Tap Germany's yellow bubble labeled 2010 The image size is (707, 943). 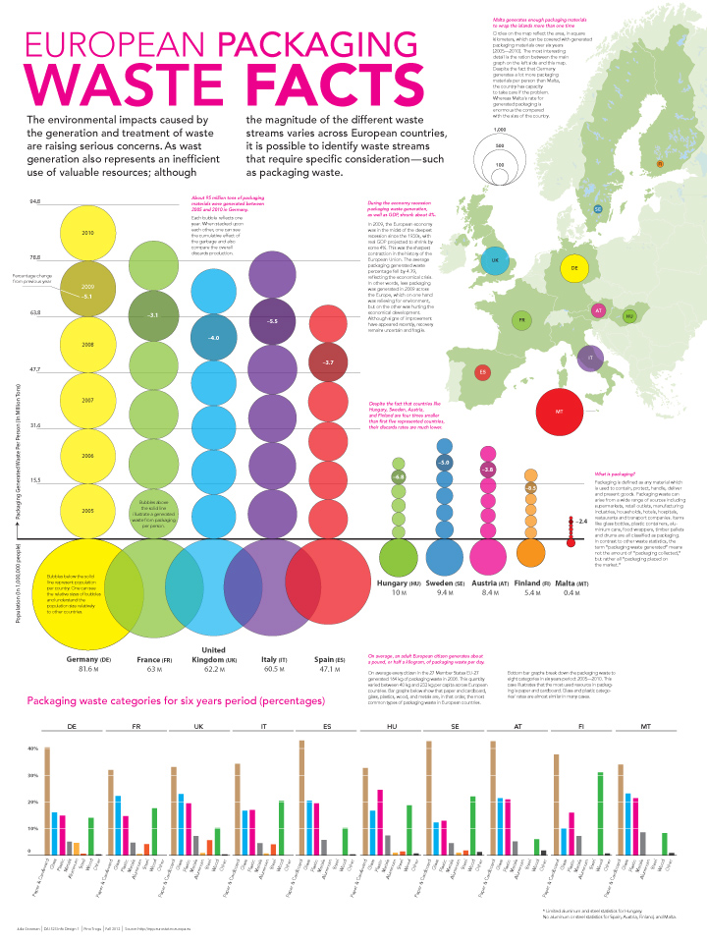pos(88,233)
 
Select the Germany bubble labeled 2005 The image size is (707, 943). pos(88,512)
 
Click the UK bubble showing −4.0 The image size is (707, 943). pos(213,337)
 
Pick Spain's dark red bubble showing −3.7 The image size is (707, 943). pos(328,362)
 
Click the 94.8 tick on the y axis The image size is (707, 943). pos(34,201)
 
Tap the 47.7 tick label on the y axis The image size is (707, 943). pos(34,369)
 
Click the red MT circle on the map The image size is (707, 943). pos(558,411)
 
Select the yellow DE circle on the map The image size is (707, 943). pos(574,267)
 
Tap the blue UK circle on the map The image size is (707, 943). pos(495,261)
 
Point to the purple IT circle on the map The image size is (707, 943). pos(590,360)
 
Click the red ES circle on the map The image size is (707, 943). pos(482,372)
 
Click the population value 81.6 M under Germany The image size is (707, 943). pos(88,668)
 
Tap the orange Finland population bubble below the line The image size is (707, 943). pos(530,553)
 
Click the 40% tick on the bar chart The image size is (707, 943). pos(31,749)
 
